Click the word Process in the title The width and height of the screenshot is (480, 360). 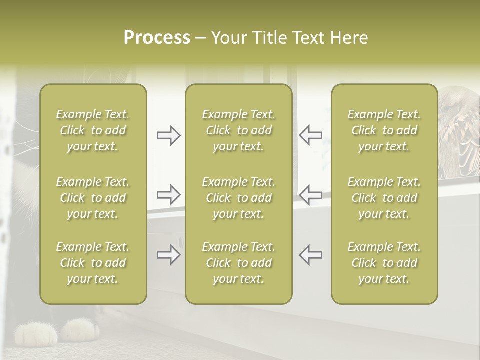click(157, 38)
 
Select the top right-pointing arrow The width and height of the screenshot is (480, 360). click(169, 135)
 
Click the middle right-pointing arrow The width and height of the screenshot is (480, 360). click(169, 195)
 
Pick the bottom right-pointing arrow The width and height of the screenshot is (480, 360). click(169, 255)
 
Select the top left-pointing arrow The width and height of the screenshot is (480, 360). click(310, 135)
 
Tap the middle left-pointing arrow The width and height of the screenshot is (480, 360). click(310, 195)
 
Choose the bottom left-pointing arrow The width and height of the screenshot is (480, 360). click(310, 255)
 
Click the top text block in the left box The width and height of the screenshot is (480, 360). click(93, 130)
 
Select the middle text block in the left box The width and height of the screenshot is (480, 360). click(93, 198)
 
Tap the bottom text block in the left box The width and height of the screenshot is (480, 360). click(93, 263)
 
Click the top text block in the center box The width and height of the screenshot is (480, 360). click(239, 130)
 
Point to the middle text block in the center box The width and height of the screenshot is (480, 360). click(239, 198)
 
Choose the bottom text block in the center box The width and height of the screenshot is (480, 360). click(239, 263)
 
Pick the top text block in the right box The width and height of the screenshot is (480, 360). click(384, 130)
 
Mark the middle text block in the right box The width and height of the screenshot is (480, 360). click(384, 198)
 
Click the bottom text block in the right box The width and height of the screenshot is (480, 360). click(384, 263)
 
